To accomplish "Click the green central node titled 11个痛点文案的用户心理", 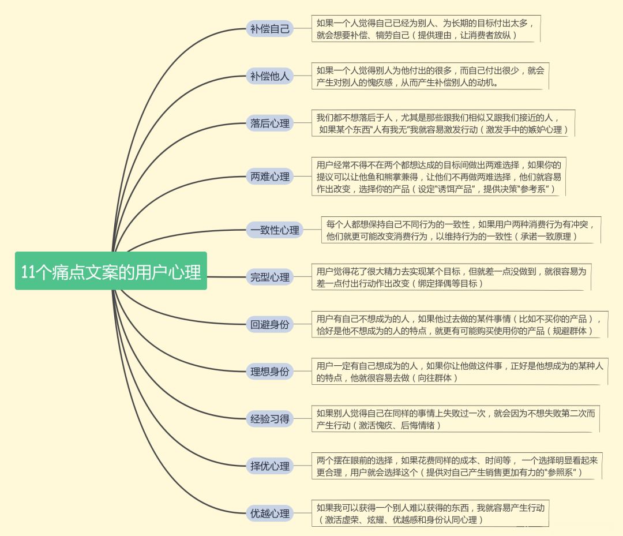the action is click(111, 271).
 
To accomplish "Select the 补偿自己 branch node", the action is click(270, 29).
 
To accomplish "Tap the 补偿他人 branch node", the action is click(270, 76).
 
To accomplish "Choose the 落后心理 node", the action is click(270, 123).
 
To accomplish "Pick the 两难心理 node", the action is click(270, 177).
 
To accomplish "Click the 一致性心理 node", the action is click(275, 230).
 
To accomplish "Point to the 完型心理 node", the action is click(270, 277).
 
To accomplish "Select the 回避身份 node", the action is click(270, 324).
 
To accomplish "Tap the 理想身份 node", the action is click(270, 372).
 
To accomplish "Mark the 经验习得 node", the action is click(270, 419).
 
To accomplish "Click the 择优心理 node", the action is click(270, 466).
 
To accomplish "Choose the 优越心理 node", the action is click(270, 513).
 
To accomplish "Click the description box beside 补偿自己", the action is click(426, 29).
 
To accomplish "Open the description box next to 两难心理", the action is click(438, 177).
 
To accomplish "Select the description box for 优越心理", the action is click(430, 513).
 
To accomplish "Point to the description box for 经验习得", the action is click(455, 419).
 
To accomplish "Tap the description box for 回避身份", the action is click(460, 324).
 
